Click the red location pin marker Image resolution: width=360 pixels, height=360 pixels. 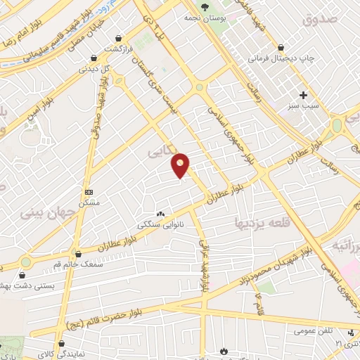(x=181, y=165)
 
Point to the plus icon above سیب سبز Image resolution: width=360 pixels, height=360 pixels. (x=304, y=95)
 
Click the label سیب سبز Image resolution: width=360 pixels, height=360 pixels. (x=304, y=106)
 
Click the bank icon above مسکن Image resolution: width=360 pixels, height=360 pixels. (x=89, y=192)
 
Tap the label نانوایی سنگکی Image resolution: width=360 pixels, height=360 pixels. (x=160, y=226)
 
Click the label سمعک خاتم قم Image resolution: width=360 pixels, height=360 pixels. (x=77, y=264)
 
